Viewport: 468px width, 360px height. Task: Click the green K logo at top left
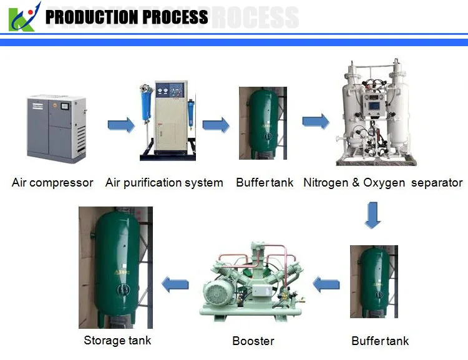pyautogui.click(x=22, y=17)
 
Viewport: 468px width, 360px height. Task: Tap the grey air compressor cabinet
pyautogui.click(x=56, y=128)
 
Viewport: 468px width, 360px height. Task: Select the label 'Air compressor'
pyautogui.click(x=52, y=183)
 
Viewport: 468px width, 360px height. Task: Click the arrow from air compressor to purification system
pyautogui.click(x=121, y=125)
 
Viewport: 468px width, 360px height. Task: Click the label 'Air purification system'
pyautogui.click(x=164, y=183)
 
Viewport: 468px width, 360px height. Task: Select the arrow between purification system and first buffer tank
pyautogui.click(x=216, y=125)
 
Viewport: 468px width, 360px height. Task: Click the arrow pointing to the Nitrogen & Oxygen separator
pyautogui.click(x=316, y=121)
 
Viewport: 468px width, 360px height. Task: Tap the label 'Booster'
pyautogui.click(x=253, y=341)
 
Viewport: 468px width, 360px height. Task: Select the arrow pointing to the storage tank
pyautogui.click(x=175, y=285)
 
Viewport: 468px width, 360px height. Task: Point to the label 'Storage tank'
pyautogui.click(x=117, y=340)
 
